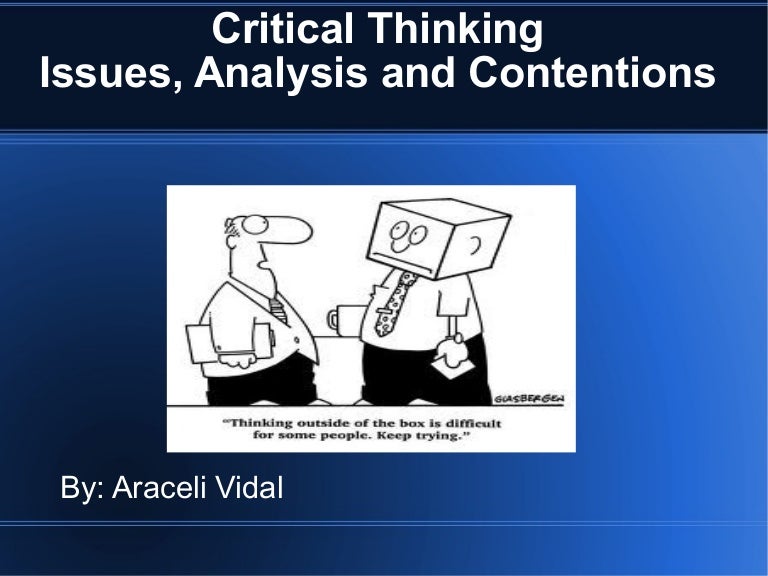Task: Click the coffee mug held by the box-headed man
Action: pos(340,320)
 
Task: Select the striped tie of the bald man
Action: pos(278,309)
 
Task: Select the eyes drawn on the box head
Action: pos(407,236)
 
